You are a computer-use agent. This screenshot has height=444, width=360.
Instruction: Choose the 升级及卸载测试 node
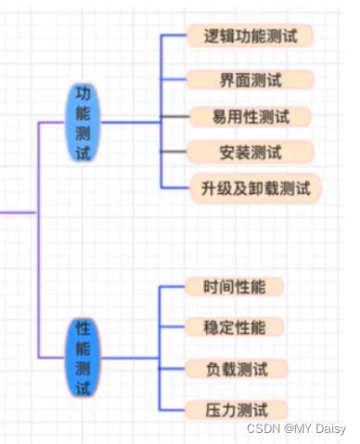click(254, 188)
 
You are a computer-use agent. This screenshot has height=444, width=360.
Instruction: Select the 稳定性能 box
click(234, 327)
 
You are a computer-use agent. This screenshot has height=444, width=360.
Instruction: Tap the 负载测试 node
click(235, 369)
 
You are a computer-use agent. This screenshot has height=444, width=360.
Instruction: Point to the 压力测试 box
click(235, 409)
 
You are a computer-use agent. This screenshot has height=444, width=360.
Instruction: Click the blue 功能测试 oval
click(84, 122)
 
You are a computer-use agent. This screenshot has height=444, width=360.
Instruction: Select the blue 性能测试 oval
click(84, 358)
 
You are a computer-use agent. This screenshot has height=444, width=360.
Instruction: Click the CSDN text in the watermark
click(264, 428)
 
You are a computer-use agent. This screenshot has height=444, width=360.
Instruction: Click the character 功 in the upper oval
click(84, 95)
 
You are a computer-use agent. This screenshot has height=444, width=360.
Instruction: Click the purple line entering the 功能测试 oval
click(54, 122)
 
